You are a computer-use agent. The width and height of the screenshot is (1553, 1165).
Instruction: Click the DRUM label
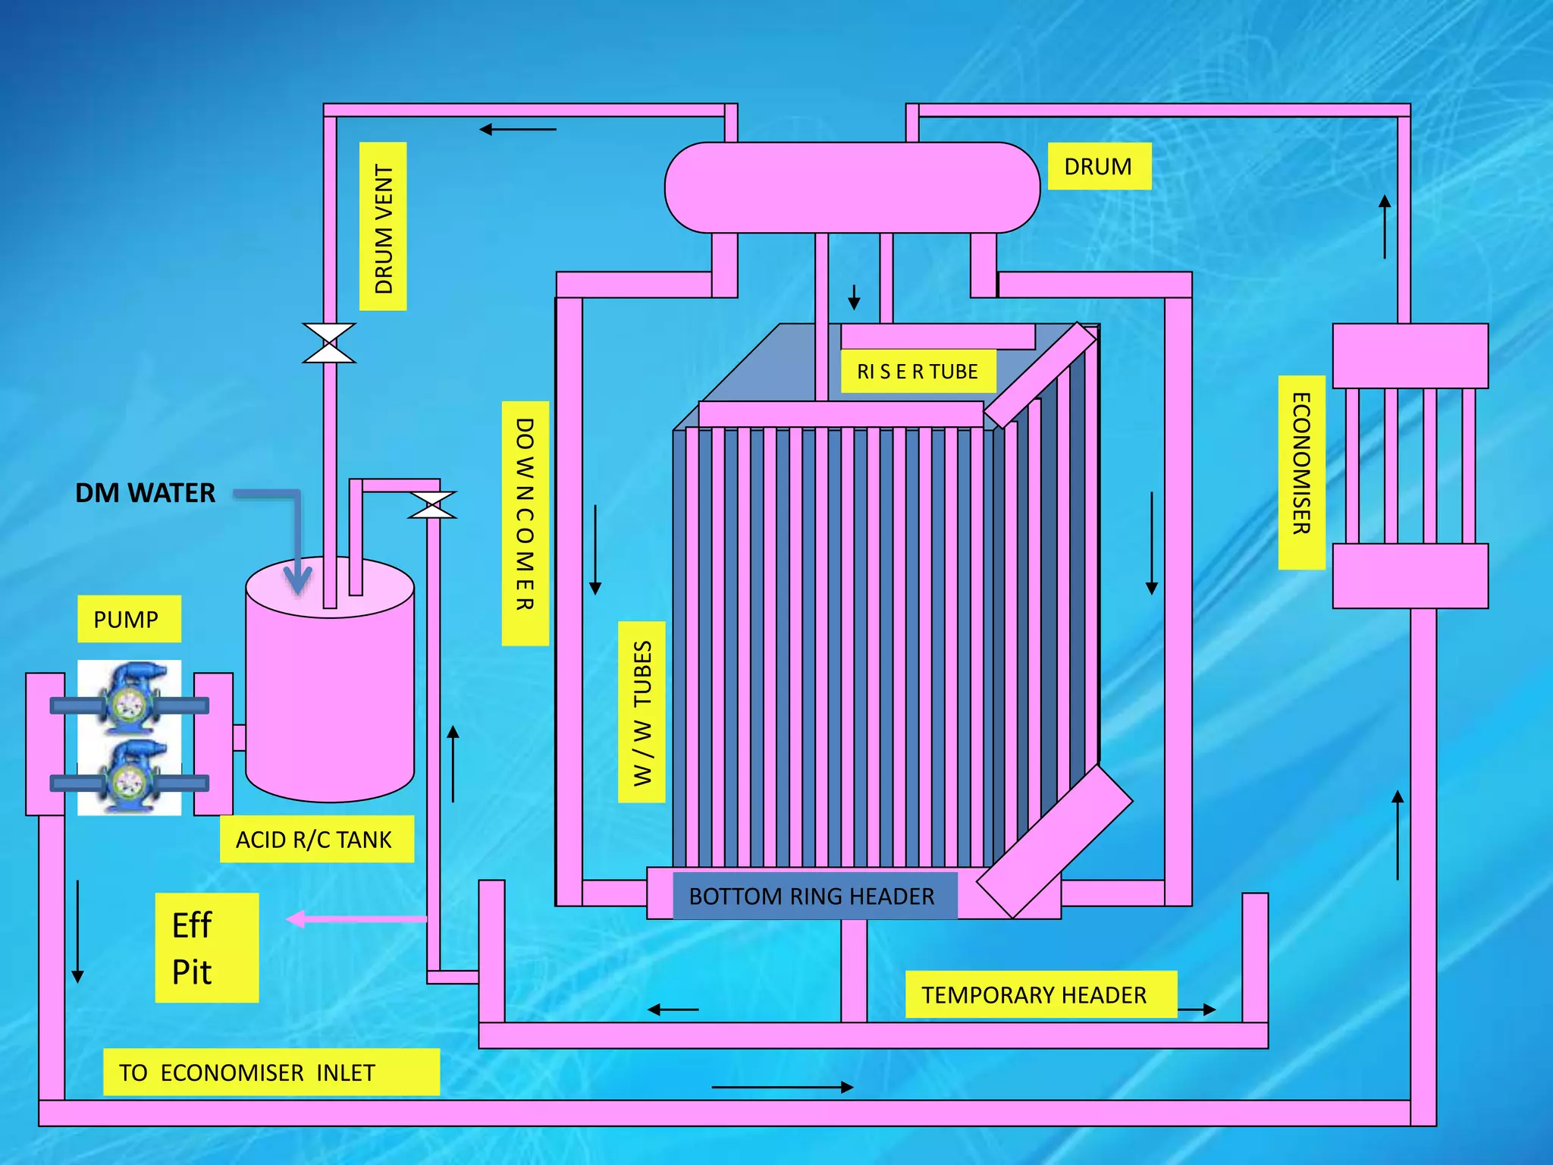(x=1099, y=166)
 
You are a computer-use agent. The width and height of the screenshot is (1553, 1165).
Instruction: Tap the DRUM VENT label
(x=383, y=226)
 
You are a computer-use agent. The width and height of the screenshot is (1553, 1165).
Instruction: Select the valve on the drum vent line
(x=329, y=343)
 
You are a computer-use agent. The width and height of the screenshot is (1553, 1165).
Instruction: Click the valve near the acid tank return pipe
(x=432, y=505)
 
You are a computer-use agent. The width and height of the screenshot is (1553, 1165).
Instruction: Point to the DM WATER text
(x=145, y=493)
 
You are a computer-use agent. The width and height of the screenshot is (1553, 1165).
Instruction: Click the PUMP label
(x=128, y=619)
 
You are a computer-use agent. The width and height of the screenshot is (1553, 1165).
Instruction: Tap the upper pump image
(x=130, y=698)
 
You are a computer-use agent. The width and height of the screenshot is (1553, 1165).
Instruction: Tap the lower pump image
(x=130, y=777)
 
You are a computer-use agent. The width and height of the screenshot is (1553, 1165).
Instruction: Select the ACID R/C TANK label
(x=316, y=839)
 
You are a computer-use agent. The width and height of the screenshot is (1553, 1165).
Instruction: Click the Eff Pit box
(x=206, y=947)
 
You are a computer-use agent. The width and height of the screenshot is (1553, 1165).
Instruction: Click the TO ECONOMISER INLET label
(x=271, y=1072)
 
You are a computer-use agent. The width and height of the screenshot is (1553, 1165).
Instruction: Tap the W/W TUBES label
(x=642, y=711)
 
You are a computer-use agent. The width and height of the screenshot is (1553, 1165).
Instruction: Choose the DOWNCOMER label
(x=525, y=523)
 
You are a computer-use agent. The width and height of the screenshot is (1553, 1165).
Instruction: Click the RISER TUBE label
(x=918, y=371)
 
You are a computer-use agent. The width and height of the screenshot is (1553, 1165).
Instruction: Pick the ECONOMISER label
(x=1301, y=472)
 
